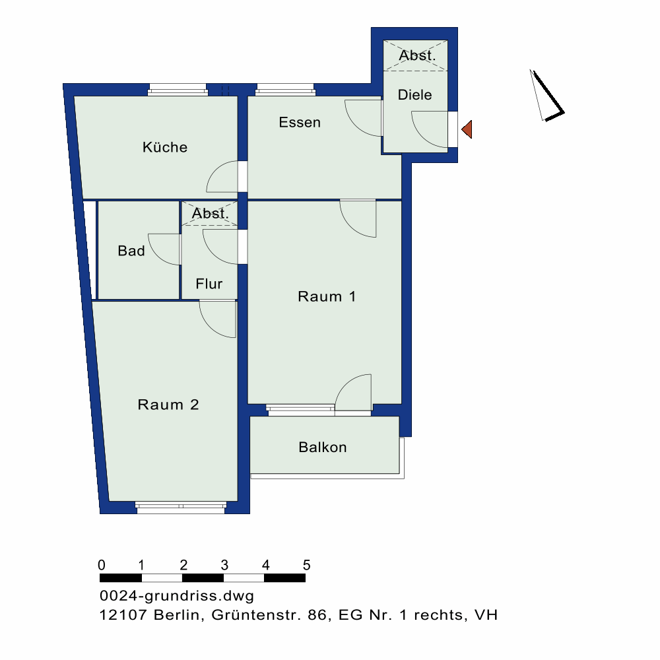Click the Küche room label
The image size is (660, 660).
point(165,147)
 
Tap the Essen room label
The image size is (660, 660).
point(300,122)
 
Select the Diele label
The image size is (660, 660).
point(415,95)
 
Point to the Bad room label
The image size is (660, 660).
point(131,251)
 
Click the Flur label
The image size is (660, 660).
point(209,284)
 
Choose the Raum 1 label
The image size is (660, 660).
point(327,296)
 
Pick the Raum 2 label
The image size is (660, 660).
point(168,405)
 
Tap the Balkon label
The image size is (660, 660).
point(323,447)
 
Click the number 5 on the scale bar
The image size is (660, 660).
point(306,565)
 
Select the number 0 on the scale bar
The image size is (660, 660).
point(101,565)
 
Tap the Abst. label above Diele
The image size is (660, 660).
point(418,56)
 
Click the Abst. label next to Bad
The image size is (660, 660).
point(211,214)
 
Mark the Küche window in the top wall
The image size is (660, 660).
point(177,89)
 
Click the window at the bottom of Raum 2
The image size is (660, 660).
point(181,506)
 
